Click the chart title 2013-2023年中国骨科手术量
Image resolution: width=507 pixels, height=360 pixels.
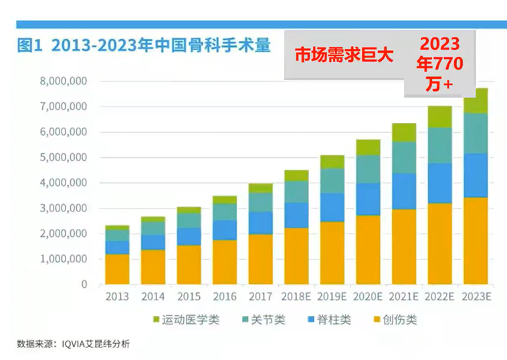(144, 46)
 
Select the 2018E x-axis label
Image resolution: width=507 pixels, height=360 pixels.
(296, 296)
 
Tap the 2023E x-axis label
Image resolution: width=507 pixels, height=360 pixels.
(476, 296)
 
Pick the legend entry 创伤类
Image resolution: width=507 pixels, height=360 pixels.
(397, 319)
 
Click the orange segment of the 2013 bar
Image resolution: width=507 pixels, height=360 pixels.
(117, 269)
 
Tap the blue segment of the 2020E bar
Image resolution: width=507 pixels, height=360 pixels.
(368, 199)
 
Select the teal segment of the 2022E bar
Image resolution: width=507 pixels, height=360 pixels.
(439, 145)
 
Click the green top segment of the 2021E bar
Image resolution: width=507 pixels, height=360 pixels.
(404, 132)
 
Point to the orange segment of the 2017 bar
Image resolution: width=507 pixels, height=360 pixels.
(260, 259)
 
